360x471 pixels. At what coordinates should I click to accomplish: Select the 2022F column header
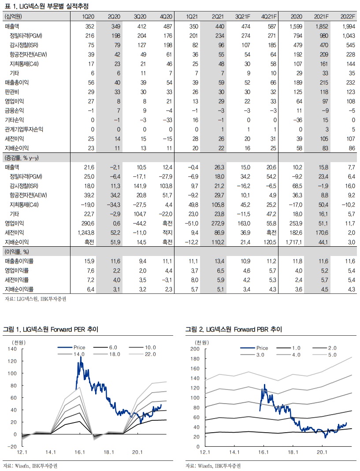click(x=348, y=16)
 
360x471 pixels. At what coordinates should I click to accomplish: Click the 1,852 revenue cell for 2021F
click(x=323, y=27)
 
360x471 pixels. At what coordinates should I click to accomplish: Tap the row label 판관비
click(x=12, y=92)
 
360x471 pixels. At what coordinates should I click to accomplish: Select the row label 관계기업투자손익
click(x=22, y=129)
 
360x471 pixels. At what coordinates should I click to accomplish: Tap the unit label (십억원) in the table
click(x=14, y=16)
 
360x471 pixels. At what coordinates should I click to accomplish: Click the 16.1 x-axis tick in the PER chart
click(x=80, y=452)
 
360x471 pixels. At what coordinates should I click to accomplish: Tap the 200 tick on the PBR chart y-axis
click(x=194, y=349)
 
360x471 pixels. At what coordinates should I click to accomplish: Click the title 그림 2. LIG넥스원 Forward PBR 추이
click(x=234, y=329)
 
